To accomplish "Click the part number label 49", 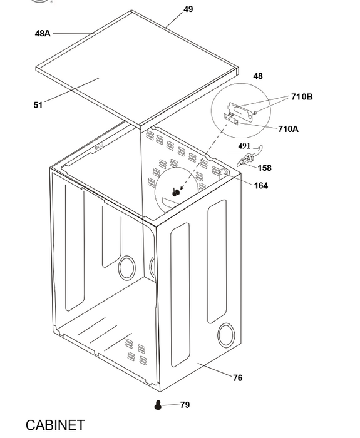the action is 188,9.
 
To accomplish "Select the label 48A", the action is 43,34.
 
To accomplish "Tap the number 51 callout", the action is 38,105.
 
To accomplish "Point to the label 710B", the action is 302,96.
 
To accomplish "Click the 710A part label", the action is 288,129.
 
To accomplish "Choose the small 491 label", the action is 244,146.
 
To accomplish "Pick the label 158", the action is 264,168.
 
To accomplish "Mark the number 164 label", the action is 261,185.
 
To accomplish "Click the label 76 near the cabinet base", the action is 237,378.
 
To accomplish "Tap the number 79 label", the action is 185,404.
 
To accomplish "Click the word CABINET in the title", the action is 55,425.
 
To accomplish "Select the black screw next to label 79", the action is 158,405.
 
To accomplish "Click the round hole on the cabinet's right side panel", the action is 226,335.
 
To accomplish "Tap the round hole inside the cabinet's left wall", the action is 127,268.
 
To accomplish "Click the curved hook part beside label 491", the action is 259,149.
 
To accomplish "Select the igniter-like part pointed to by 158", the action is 245,161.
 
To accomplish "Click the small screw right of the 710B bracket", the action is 255,112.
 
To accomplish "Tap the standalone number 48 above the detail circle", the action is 258,76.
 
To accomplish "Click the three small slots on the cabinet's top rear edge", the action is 99,146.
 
